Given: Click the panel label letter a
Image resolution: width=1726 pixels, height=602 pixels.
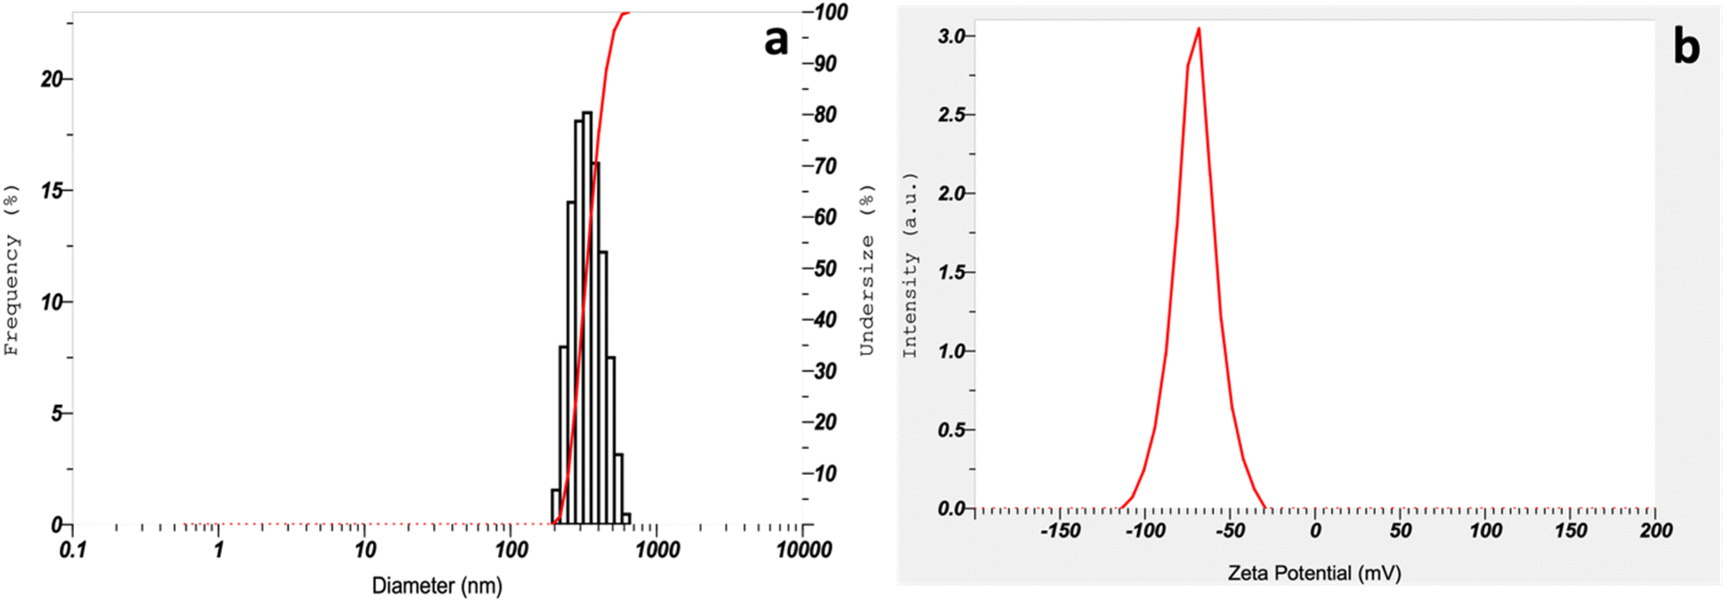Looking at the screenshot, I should (776, 40).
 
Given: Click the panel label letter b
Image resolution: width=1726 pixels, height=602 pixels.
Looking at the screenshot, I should (1686, 47).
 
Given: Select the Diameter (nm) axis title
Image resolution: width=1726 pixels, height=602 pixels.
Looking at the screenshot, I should (437, 586).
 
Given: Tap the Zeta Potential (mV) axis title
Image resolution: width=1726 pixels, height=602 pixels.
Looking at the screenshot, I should (1314, 573).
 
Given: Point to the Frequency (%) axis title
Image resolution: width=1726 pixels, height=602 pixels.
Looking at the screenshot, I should (11, 269).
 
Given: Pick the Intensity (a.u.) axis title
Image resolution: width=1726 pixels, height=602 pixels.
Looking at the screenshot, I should (910, 265).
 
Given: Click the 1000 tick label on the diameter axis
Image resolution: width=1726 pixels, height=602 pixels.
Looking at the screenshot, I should (657, 550).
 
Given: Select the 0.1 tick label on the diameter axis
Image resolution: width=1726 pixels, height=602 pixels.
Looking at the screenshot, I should (73, 550).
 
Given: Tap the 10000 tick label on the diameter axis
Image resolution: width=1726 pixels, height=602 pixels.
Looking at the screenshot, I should (803, 550).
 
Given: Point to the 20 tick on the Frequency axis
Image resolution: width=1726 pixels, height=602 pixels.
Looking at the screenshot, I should (53, 79).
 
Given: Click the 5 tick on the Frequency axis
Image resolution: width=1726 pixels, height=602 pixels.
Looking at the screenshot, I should (57, 414).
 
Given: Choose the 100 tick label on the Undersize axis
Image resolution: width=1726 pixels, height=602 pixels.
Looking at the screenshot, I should (830, 12).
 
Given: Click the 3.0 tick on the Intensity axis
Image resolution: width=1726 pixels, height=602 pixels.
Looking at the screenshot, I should (951, 36).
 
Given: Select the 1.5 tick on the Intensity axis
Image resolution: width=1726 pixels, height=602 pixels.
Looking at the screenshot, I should (951, 272).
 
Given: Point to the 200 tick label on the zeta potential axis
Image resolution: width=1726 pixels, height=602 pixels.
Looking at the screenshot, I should (1655, 532).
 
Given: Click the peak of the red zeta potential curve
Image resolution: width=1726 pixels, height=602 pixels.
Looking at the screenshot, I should (1199, 29).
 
